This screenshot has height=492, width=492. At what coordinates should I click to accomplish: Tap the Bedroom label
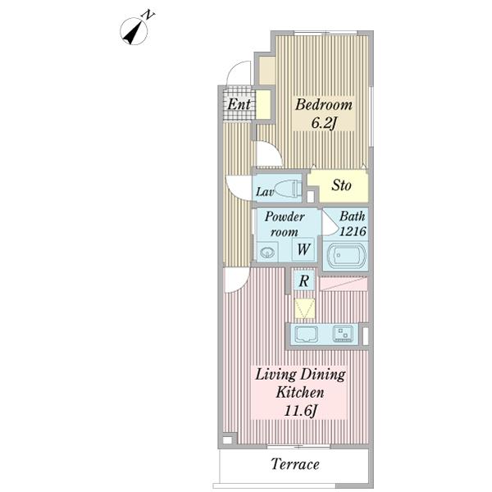[324, 105]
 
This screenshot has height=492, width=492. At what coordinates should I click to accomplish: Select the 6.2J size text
[324, 123]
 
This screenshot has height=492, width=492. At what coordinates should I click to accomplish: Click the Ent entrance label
[239, 104]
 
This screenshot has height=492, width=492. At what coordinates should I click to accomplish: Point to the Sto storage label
[341, 185]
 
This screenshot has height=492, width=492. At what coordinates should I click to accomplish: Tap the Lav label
[265, 192]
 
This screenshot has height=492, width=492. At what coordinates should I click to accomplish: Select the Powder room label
[285, 224]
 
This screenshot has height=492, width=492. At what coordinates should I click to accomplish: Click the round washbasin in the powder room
[267, 252]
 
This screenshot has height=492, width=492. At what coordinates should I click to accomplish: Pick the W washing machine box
[303, 249]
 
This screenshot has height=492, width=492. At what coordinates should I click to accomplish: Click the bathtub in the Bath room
[346, 255]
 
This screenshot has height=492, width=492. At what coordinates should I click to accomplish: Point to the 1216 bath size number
[353, 231]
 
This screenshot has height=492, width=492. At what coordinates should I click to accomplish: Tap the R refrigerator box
[303, 280]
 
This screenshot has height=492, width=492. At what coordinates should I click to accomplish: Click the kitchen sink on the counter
[306, 334]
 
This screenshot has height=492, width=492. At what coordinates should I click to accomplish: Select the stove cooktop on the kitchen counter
[343, 334]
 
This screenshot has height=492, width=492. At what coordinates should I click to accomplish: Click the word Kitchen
[300, 393]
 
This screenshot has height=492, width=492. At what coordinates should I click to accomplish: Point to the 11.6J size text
[299, 411]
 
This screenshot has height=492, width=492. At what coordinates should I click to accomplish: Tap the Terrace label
[295, 464]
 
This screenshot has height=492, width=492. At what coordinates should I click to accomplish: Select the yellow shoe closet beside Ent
[263, 104]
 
